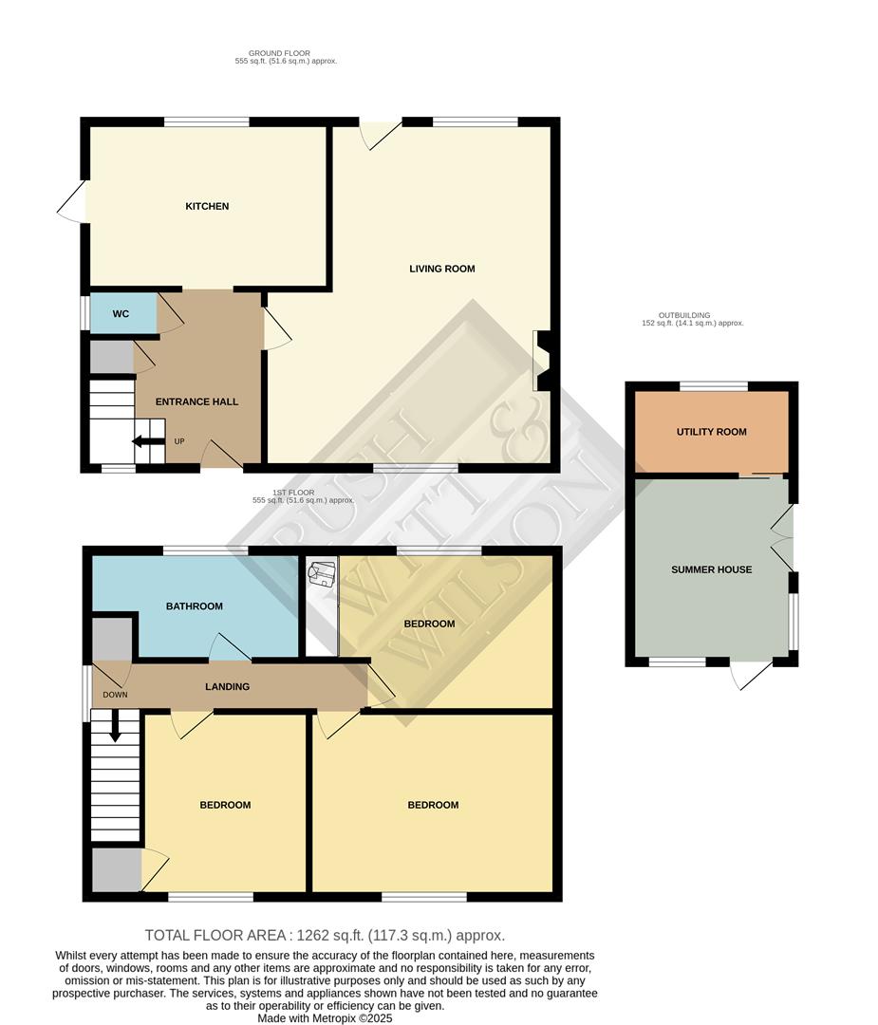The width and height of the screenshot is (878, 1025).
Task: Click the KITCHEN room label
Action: coord(207,206)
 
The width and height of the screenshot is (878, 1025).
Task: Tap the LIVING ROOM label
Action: coord(441,269)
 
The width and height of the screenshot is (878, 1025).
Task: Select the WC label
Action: coord(121,314)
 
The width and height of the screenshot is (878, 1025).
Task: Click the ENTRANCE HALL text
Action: coord(197,401)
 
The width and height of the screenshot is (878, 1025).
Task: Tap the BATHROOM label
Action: coord(194,606)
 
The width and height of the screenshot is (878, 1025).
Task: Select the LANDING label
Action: coord(227,686)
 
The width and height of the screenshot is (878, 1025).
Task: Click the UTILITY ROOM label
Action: coord(711,432)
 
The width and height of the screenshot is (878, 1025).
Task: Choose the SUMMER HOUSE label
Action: coord(711,569)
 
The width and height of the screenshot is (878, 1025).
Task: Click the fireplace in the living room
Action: coord(543,361)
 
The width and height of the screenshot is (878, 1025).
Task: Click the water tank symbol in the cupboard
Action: coord(321,574)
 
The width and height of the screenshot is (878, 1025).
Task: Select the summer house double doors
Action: coord(784,537)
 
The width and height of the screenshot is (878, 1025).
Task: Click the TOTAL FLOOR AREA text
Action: coord(325,935)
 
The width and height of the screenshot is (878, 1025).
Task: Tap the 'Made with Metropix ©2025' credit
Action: coord(325,1018)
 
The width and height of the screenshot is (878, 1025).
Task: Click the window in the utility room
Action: coord(713,385)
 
